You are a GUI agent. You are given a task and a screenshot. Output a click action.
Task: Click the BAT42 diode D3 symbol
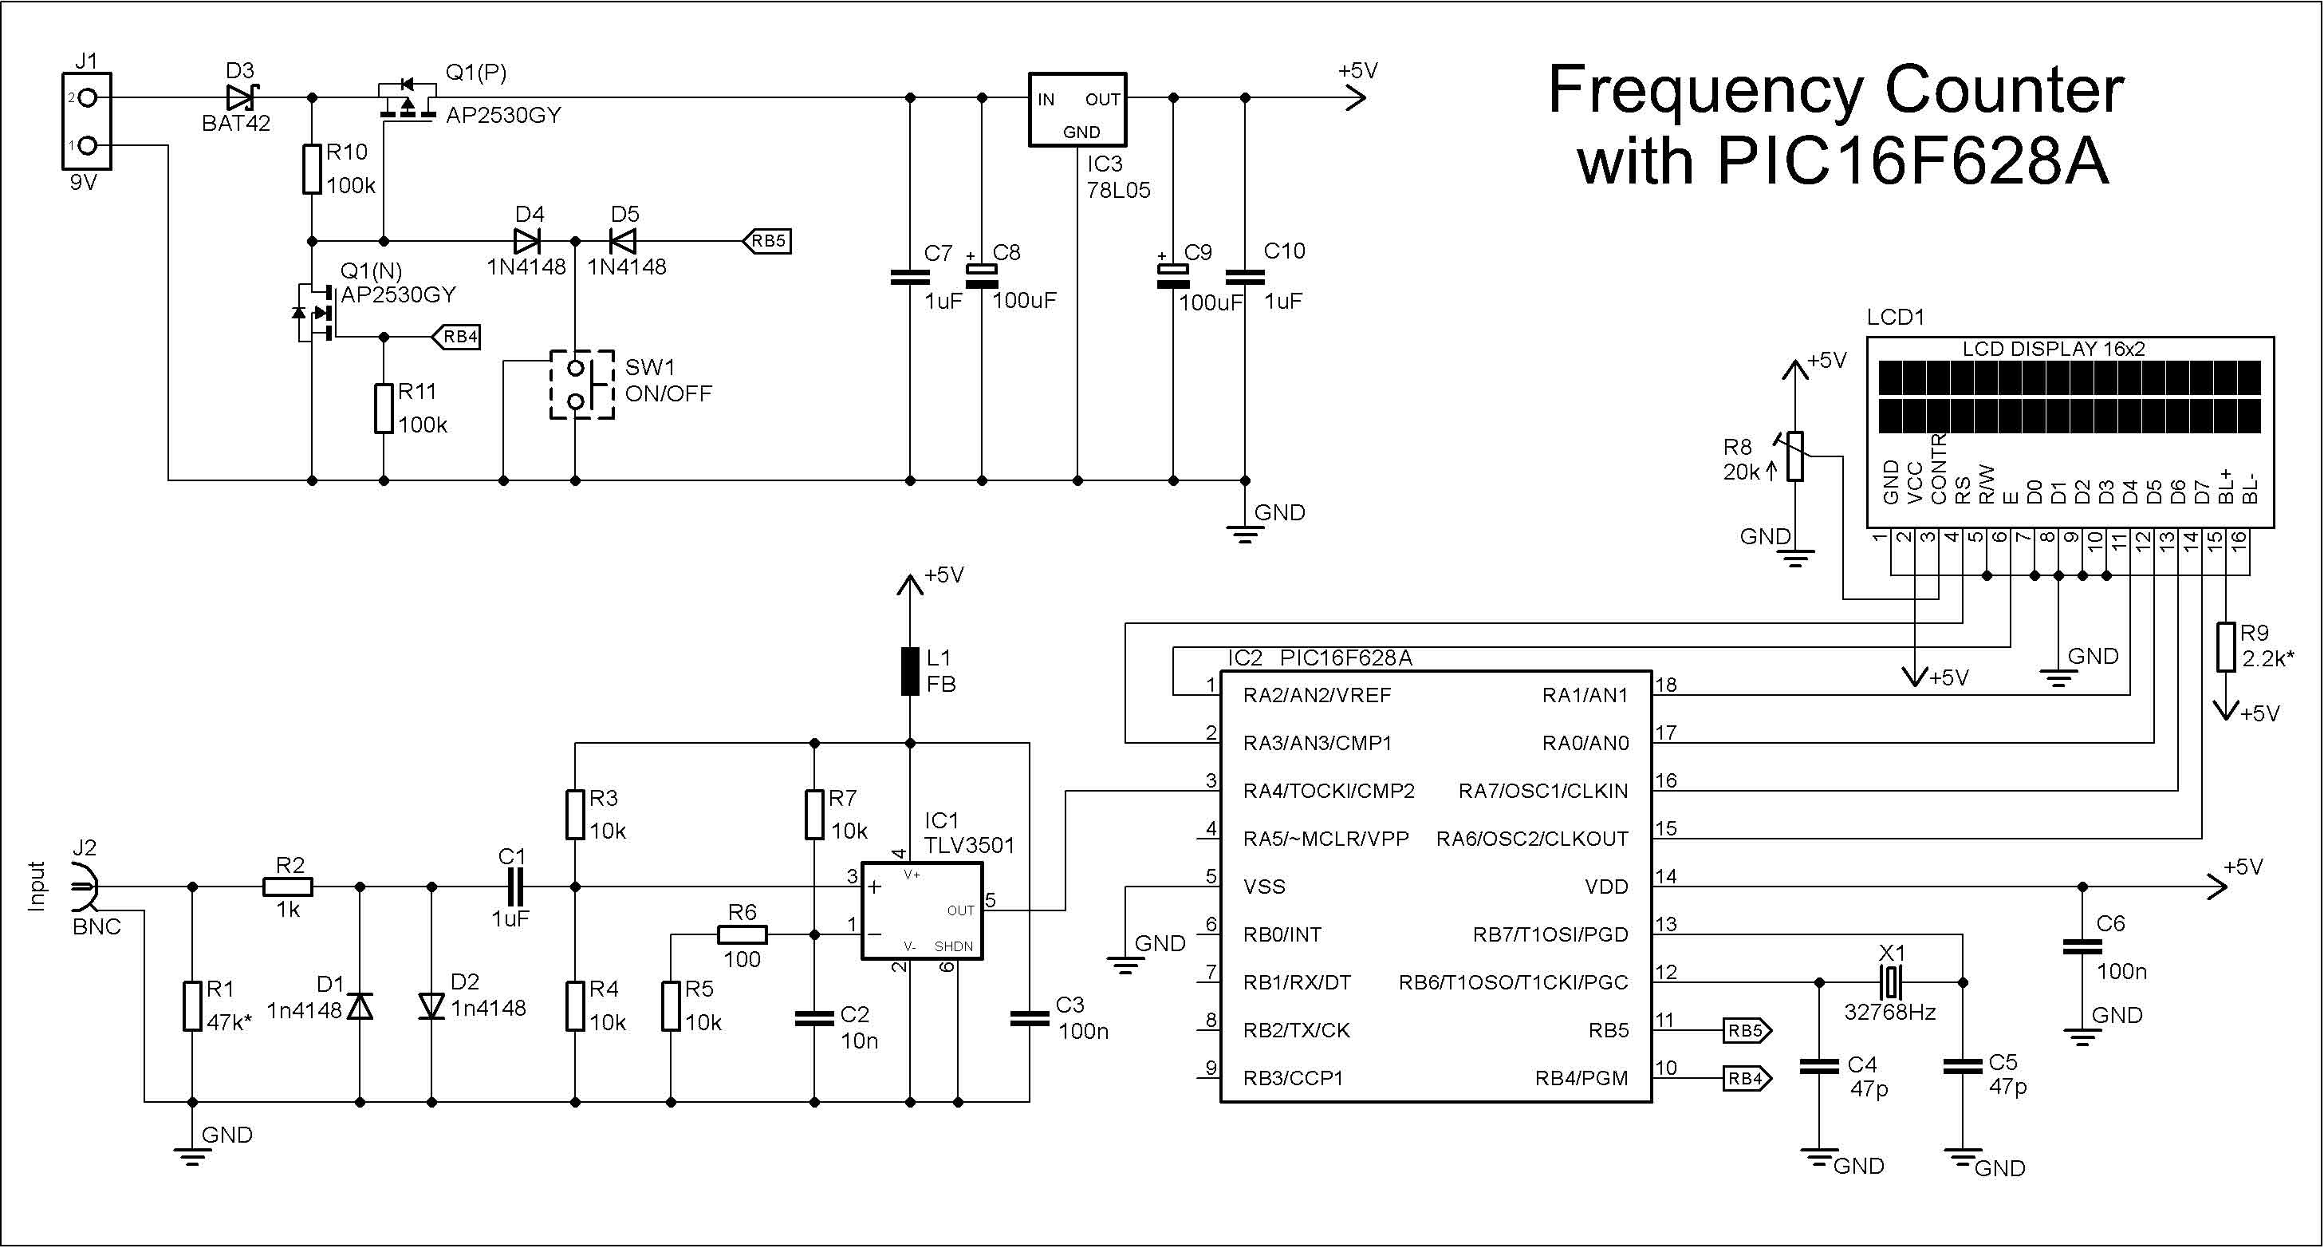pyautogui.click(x=240, y=97)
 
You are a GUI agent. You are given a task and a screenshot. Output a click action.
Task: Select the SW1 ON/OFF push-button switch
pyautogui.click(x=582, y=385)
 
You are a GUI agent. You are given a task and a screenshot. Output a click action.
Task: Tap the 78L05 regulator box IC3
pyautogui.click(x=1078, y=109)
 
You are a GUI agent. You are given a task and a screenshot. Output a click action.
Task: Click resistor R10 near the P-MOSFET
pyautogui.click(x=312, y=168)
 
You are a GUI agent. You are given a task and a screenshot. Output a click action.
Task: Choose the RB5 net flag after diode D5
pyautogui.click(x=767, y=241)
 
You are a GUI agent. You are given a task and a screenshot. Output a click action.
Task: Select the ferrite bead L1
pyautogui.click(x=910, y=670)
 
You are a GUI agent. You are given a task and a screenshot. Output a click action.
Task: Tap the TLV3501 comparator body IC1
pyautogui.click(x=922, y=910)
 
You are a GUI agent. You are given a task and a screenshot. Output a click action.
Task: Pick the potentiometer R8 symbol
pyautogui.click(x=1795, y=456)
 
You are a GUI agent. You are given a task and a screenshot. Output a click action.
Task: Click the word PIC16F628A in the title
pyautogui.click(x=1912, y=160)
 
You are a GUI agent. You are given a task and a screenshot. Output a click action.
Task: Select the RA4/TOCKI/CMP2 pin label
pyautogui.click(x=1329, y=792)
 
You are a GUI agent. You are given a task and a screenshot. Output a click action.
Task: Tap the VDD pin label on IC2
pyautogui.click(x=1607, y=887)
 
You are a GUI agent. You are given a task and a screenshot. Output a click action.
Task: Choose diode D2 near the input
pyautogui.click(x=432, y=1005)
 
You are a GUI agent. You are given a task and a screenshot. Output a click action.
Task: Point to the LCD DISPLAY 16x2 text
pyautogui.click(x=2054, y=349)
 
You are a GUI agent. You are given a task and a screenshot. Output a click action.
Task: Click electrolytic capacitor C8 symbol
pyautogui.click(x=982, y=275)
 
